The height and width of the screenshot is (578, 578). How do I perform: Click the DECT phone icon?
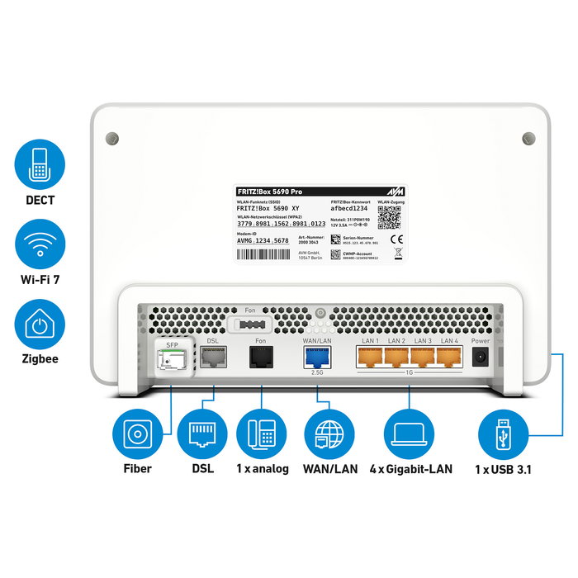point(39,165)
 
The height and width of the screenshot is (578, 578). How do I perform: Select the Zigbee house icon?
point(39,325)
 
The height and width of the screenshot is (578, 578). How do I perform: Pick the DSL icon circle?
point(201,433)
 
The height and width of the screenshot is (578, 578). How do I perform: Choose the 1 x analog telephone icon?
point(262,433)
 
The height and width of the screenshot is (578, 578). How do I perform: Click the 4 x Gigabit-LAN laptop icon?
point(410,433)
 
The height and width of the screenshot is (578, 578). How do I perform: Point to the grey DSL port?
point(212,356)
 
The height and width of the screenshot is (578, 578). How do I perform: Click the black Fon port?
point(260,356)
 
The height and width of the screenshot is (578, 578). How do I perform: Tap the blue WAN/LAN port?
point(317,356)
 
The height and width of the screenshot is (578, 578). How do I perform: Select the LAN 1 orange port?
point(371,356)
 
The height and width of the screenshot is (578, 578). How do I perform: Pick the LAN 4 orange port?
point(448,356)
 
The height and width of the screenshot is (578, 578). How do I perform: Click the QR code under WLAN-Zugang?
point(389,217)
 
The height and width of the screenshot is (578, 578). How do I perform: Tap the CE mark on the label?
point(396,240)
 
